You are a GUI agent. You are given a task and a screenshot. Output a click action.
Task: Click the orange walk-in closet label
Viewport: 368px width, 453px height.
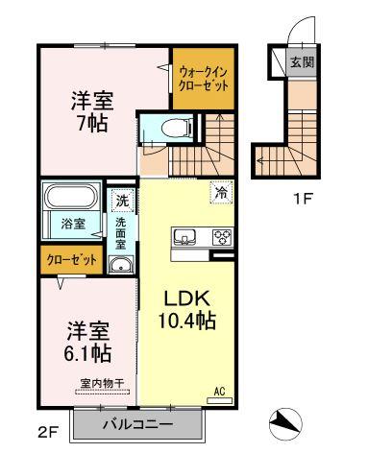coord(204,77)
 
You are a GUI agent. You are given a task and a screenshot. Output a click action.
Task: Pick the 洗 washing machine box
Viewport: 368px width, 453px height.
coord(122,201)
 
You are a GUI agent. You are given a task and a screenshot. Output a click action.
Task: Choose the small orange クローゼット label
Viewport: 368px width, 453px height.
coord(67,259)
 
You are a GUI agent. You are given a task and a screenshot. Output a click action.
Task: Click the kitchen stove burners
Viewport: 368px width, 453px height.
coord(221,237)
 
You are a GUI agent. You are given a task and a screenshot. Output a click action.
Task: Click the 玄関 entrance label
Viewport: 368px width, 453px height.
coord(301,63)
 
